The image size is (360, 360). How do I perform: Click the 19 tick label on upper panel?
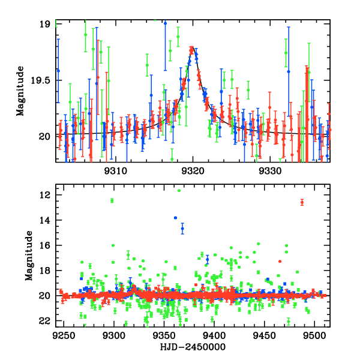pos(44,25)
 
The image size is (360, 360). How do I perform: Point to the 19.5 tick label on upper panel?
pos(40,80)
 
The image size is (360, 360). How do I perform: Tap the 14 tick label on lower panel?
pos(44,221)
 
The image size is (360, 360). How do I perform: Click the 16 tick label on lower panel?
pos(44,246)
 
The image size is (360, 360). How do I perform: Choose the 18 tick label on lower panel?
pos(44,271)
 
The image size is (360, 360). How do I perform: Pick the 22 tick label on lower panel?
pos(44,321)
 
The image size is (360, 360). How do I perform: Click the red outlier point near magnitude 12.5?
pos(302,202)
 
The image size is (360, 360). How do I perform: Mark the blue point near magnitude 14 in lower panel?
pos(175,218)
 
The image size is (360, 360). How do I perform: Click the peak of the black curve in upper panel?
pos(192,49)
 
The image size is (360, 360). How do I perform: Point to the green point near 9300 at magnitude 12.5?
pos(112,200)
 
